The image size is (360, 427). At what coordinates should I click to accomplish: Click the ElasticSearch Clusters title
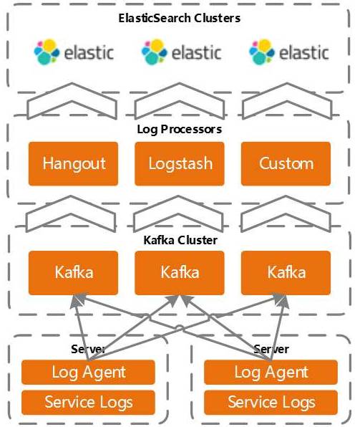tap(180, 18)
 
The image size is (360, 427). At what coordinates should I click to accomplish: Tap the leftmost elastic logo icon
tap(47, 52)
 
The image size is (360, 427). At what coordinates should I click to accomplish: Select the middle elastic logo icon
tap(154, 52)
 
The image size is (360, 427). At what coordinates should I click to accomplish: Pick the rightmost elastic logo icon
tap(261, 52)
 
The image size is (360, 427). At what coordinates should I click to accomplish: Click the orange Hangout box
tap(73, 163)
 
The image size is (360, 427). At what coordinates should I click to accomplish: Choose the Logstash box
tap(180, 163)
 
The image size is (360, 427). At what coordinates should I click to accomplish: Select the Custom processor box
tap(286, 163)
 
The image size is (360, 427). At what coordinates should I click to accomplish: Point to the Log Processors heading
tap(180, 129)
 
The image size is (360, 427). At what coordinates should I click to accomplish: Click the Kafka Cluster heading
tap(180, 240)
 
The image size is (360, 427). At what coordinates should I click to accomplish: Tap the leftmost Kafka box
tap(73, 273)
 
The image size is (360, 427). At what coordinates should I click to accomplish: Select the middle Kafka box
tap(180, 273)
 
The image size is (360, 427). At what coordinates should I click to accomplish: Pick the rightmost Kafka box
tap(286, 273)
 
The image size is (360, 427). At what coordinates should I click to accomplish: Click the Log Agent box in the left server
tap(88, 373)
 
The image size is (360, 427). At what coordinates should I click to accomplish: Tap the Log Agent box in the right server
tap(271, 373)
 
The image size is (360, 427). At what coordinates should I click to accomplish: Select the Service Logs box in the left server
tap(88, 403)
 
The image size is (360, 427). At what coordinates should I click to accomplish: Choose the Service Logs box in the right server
tap(271, 403)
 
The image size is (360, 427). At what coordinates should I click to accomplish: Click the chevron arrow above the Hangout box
tap(72, 92)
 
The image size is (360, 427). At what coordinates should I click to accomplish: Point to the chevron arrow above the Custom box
tap(287, 92)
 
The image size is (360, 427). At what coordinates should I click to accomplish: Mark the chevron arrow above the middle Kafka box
tap(178, 206)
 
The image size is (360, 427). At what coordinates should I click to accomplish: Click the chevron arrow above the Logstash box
tap(180, 92)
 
